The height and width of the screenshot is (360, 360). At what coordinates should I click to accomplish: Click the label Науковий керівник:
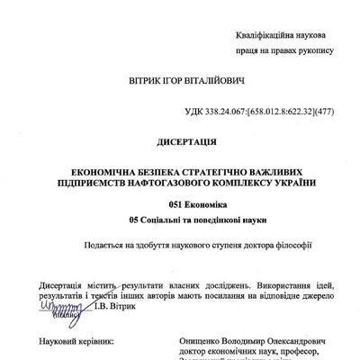pos(76,342)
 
